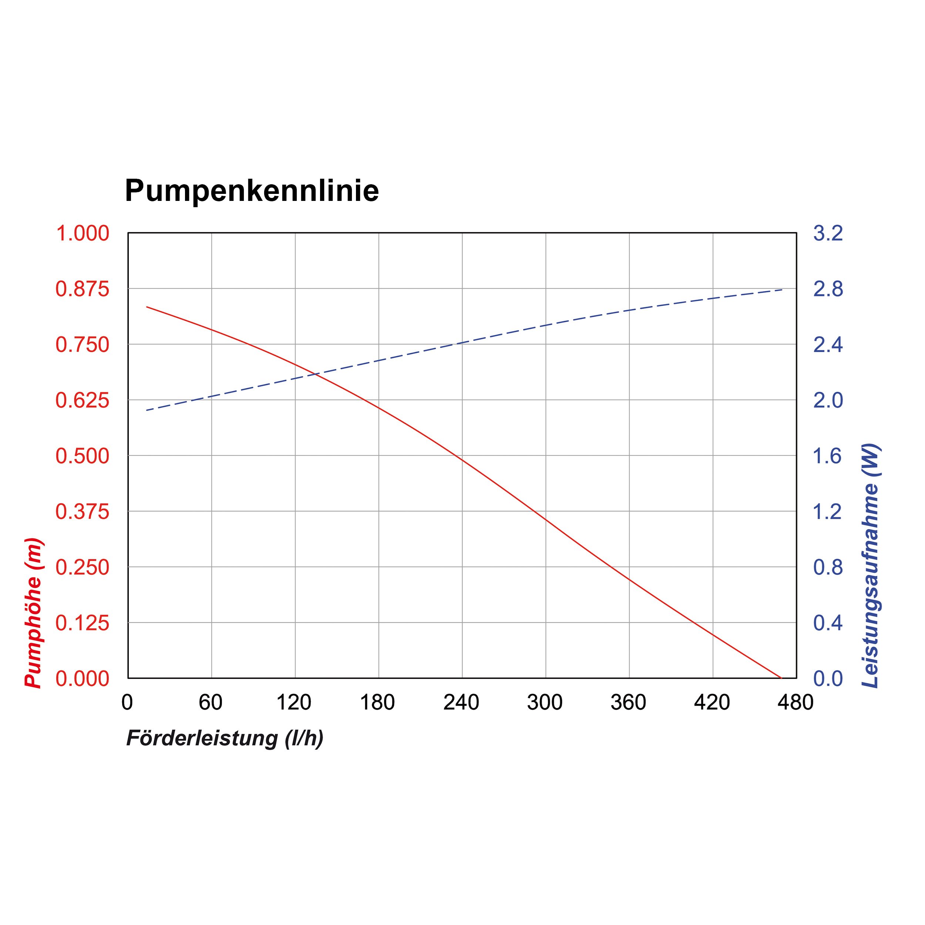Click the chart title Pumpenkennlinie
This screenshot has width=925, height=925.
point(252,191)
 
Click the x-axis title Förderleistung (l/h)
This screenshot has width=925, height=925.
point(225,738)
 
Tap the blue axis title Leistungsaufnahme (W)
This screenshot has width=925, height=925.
point(870,566)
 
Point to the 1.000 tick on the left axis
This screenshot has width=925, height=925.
point(83,233)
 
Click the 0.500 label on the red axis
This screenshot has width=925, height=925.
point(83,456)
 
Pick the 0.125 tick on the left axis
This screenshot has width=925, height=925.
point(83,623)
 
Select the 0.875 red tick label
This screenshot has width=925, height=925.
point(83,289)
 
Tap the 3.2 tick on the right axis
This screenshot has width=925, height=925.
point(828,233)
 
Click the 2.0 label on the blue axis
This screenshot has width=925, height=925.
point(828,400)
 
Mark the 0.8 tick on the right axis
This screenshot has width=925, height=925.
point(828,567)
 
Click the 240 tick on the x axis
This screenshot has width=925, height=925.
point(461,702)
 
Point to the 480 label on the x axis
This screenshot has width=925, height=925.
point(795,702)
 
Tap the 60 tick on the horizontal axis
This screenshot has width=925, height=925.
point(211,702)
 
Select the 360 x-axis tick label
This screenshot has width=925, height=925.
point(628,702)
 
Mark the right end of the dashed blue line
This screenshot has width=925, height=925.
point(782,290)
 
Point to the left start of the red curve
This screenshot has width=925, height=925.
point(147,306)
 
